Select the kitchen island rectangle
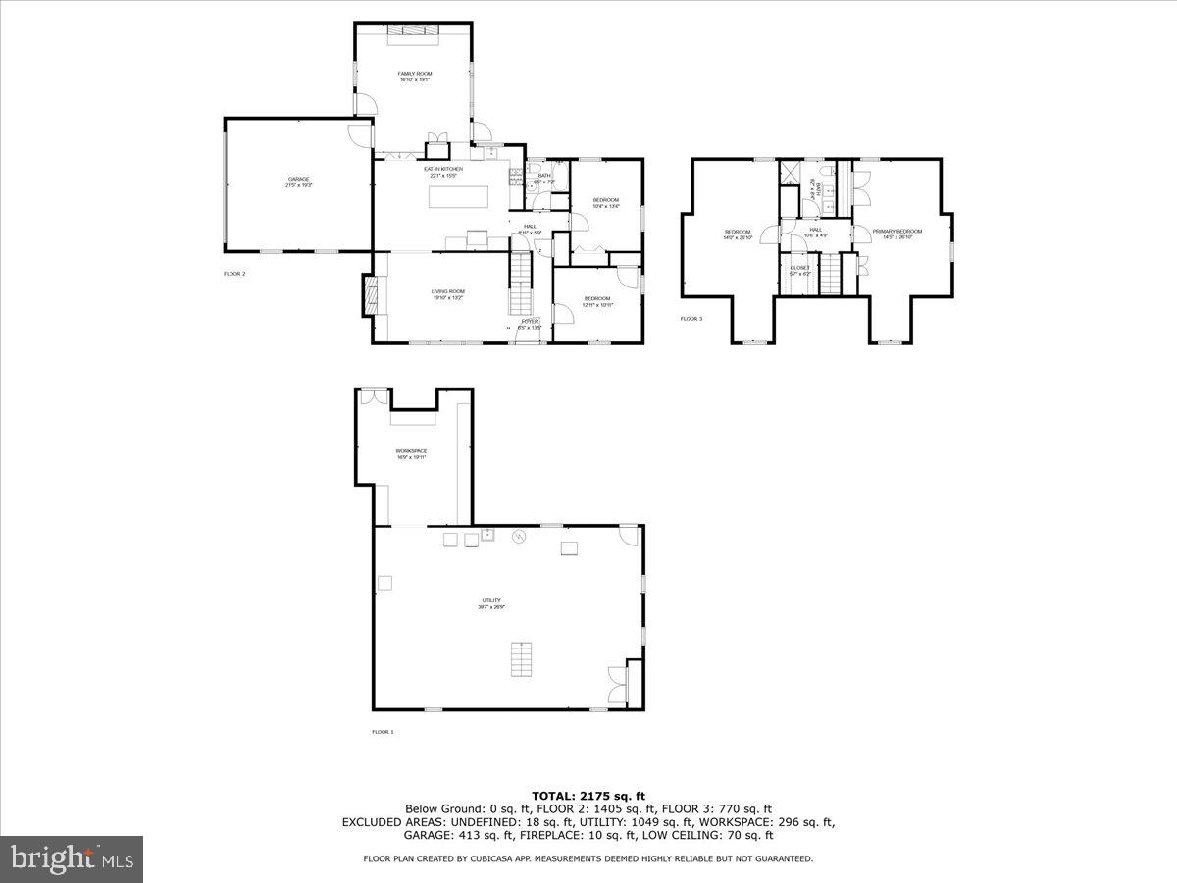[459, 197]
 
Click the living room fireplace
[370, 295]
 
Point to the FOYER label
[530, 321]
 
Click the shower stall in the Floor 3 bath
[791, 174]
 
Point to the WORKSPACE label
[411, 451]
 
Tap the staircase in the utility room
[523, 658]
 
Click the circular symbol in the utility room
[521, 536]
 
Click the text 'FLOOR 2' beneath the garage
[234, 274]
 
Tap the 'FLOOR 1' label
[383, 732]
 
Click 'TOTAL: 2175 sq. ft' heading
[588, 796]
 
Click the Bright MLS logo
[72, 859]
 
